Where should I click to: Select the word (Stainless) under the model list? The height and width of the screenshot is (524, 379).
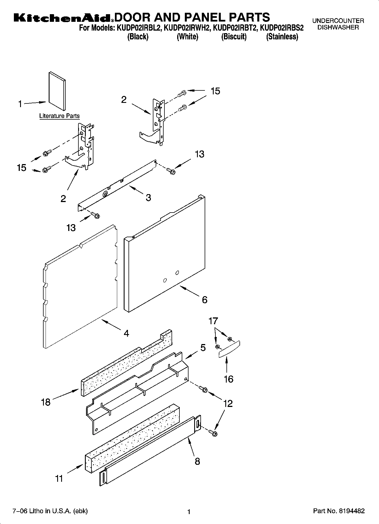click(282, 37)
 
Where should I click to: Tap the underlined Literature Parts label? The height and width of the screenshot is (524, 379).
click(59, 116)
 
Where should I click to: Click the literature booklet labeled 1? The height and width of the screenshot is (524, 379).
click(57, 90)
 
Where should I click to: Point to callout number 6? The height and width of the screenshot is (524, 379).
click(204, 300)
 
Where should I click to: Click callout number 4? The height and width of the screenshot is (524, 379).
click(126, 333)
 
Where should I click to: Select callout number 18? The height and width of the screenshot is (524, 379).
click(46, 402)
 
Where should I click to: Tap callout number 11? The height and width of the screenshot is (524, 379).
click(59, 479)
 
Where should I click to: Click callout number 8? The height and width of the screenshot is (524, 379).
click(197, 461)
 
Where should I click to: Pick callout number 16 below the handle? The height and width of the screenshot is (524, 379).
click(228, 379)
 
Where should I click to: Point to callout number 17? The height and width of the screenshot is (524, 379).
click(213, 321)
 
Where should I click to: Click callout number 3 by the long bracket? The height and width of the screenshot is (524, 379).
click(148, 198)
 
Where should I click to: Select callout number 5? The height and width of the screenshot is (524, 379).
click(203, 347)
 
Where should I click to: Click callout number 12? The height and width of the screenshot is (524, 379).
click(228, 403)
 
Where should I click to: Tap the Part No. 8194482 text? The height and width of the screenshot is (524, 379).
click(339, 511)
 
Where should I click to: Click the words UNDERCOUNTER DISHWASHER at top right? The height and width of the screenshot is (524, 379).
click(338, 24)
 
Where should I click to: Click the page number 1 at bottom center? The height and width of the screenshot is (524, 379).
click(189, 512)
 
